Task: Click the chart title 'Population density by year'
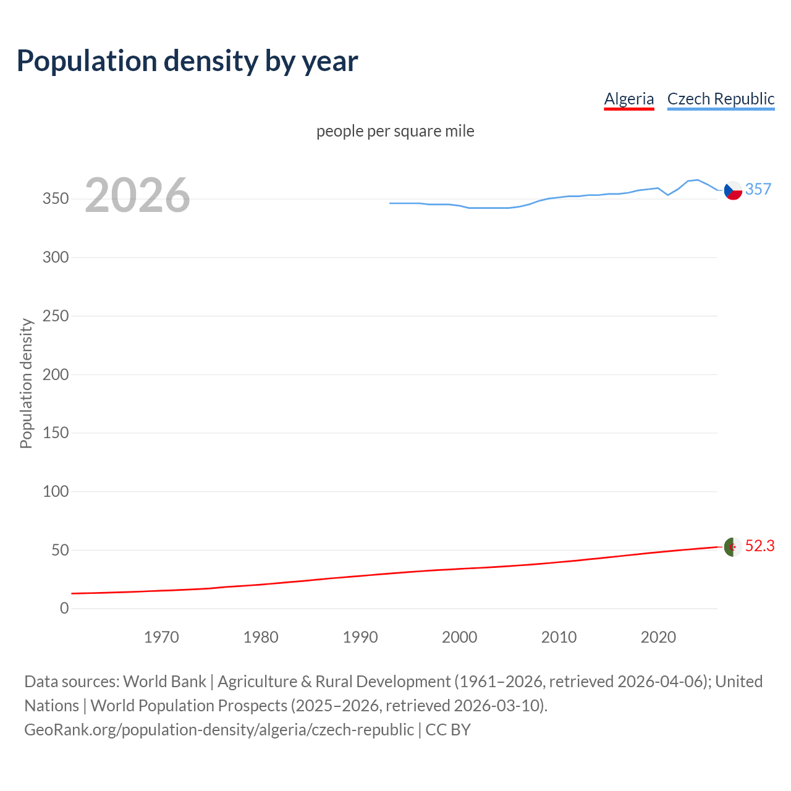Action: (187, 61)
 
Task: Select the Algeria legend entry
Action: (628, 99)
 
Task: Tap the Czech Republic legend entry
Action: (721, 99)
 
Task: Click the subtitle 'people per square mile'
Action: (395, 132)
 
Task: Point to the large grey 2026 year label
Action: (137, 196)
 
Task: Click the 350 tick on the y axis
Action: (56, 199)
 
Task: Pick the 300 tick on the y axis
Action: (56, 258)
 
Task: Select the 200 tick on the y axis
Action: (56, 374)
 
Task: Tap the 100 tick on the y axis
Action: (56, 492)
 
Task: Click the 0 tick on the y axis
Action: (64, 609)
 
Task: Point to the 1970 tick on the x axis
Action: (161, 637)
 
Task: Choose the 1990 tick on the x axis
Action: (360, 637)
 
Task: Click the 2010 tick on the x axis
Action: (559, 637)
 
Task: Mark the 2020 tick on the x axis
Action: (658, 637)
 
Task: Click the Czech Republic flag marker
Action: (733, 190)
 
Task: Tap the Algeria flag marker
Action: (733, 547)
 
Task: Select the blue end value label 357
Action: (758, 190)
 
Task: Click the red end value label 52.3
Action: (759, 546)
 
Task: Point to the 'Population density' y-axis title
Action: (26, 383)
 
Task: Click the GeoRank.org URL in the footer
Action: (219, 730)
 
